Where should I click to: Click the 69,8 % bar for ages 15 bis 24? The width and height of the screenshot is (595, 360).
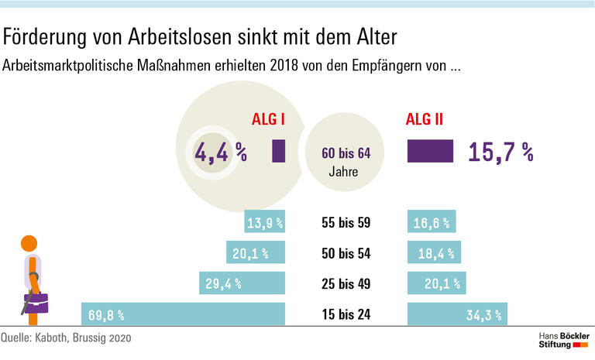click(184, 314)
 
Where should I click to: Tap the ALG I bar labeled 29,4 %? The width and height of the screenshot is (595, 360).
click(242, 284)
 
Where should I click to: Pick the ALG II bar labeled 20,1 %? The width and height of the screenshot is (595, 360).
click(438, 284)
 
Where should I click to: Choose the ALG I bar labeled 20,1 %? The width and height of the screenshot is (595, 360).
click(256, 253)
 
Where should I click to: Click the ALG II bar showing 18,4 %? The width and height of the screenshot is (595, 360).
click(435, 253)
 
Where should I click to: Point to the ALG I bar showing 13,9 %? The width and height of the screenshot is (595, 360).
click(265, 223)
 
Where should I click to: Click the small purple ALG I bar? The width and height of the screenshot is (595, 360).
click(279, 151)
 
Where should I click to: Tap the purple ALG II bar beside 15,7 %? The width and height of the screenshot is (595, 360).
click(430, 151)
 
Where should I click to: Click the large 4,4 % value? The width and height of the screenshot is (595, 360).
click(220, 153)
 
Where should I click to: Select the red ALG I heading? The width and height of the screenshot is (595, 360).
click(270, 120)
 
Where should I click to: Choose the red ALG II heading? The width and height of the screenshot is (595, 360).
click(425, 120)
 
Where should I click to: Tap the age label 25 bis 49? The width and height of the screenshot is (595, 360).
click(346, 284)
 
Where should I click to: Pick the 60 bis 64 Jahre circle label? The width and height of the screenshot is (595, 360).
click(346, 161)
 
